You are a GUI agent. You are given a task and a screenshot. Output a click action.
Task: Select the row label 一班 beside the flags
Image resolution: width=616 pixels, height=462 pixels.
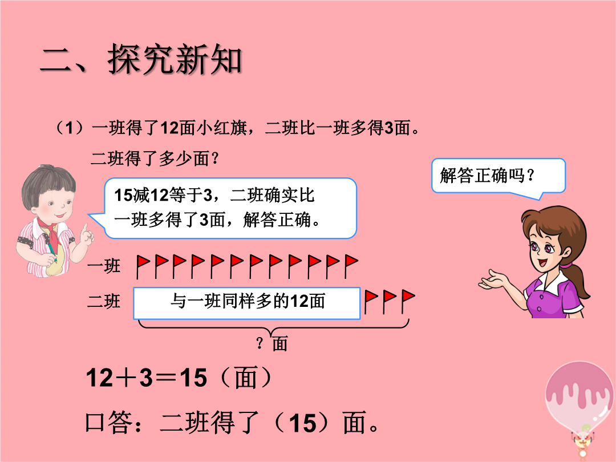(104, 266)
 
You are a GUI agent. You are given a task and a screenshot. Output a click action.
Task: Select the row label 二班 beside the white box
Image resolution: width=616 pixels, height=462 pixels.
(104, 301)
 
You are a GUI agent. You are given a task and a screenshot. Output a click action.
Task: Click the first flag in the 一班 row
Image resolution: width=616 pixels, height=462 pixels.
(143, 266)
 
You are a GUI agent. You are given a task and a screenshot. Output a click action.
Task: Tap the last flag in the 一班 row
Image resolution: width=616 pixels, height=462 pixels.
(351, 266)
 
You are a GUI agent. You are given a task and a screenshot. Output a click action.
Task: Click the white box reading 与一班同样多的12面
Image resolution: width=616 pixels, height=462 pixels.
(247, 303)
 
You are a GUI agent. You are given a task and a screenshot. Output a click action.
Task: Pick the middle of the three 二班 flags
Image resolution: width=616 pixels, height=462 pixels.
(389, 301)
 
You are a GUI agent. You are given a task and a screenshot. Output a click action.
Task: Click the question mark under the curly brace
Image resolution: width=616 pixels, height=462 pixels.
(260, 343)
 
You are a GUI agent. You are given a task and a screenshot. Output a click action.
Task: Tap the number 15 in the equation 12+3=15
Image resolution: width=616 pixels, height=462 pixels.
(193, 378)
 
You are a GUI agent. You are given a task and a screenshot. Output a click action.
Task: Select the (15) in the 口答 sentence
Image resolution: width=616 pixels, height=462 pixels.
(303, 423)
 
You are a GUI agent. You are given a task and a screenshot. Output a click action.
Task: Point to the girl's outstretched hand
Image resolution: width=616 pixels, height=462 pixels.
(493, 279)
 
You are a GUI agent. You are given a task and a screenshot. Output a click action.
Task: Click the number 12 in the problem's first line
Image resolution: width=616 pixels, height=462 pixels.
(171, 128)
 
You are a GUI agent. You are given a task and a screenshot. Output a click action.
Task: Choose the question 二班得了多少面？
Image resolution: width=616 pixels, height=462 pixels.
(155, 159)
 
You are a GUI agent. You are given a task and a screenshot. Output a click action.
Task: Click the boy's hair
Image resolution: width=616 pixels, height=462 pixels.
(48, 183)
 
